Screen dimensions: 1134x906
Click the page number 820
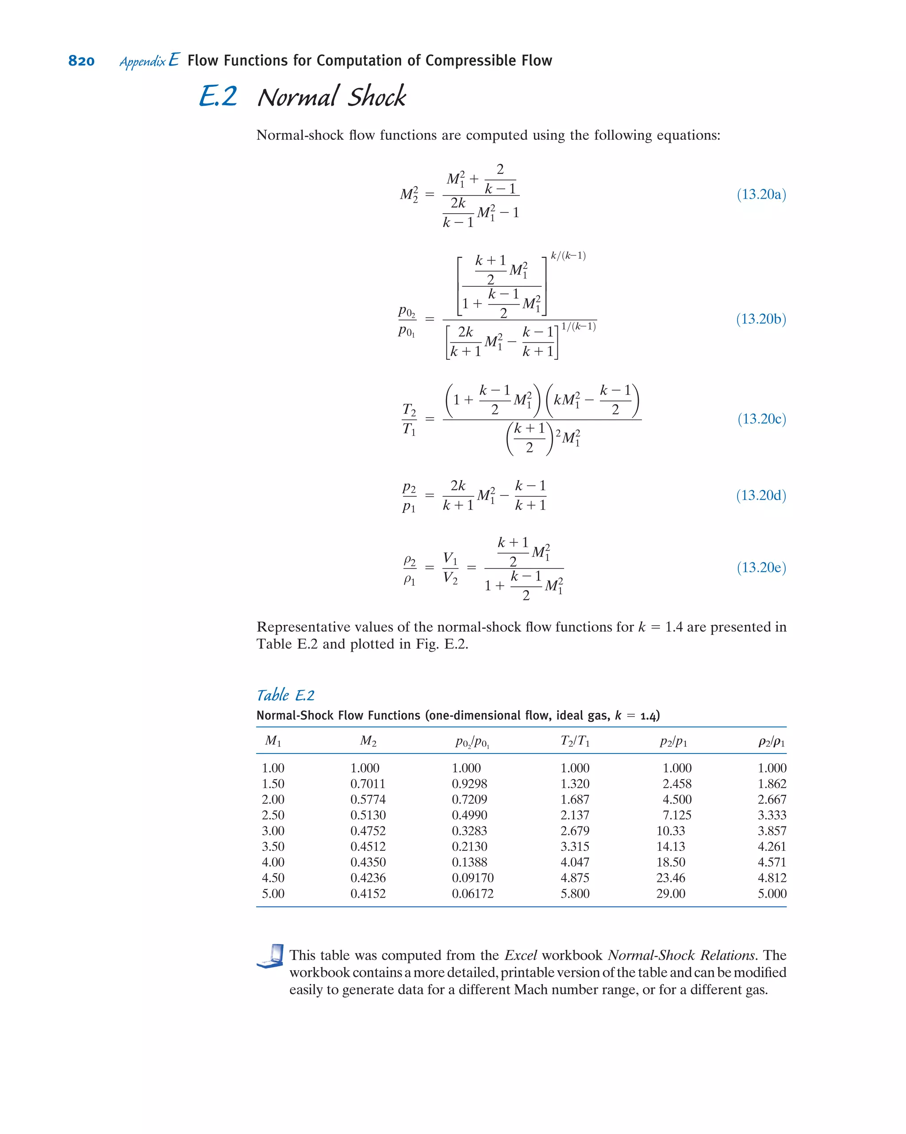click(81, 61)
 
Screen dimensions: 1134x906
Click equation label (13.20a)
click(761, 195)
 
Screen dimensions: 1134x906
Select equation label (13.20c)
click(761, 419)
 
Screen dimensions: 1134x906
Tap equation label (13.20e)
click(761, 567)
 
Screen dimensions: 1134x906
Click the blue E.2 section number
click(218, 97)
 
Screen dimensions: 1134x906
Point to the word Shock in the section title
click(377, 97)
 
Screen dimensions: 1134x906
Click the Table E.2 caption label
click(285, 696)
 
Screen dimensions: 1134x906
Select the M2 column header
click(368, 741)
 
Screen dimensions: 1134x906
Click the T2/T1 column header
click(575, 741)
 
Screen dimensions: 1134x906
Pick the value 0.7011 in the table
click(368, 784)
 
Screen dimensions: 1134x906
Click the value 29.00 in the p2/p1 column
click(670, 894)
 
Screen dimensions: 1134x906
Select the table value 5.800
click(575, 894)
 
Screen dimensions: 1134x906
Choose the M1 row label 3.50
click(273, 846)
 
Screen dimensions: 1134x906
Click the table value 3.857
click(772, 831)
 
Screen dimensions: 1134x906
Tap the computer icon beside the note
click(270, 956)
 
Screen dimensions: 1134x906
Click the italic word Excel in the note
click(520, 955)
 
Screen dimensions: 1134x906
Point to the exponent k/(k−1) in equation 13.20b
click(568, 256)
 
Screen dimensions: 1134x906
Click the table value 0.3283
click(469, 831)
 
